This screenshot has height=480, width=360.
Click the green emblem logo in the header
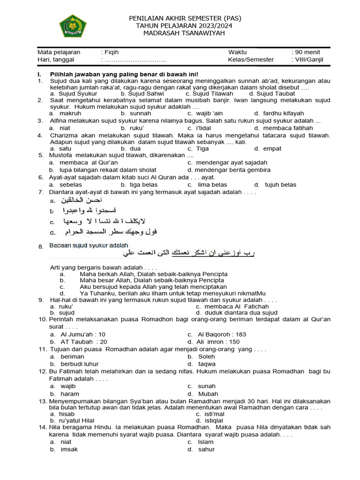[x=73, y=26]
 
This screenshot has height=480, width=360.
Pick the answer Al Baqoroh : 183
[x=222, y=335]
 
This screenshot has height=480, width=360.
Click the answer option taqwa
[x=207, y=364]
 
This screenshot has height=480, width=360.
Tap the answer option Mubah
[x=208, y=394]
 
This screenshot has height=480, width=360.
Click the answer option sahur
[x=206, y=450]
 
